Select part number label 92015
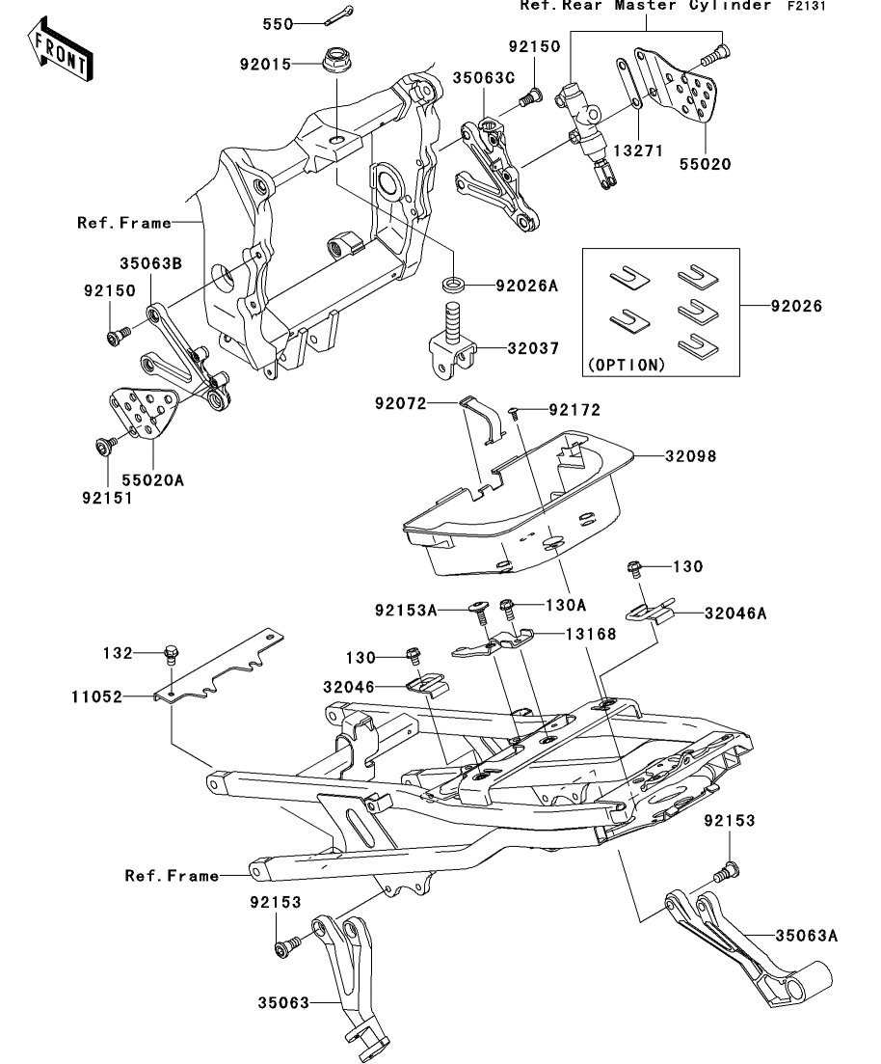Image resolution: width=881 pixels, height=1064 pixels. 265,65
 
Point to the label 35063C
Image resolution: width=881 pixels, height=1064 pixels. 484,78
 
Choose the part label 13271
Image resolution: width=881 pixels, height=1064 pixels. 638,150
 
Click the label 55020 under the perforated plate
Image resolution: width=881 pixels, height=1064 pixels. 706,164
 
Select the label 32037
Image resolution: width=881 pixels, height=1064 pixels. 534,349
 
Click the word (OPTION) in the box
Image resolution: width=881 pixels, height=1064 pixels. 627,365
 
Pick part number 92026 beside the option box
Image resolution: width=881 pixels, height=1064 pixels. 796,306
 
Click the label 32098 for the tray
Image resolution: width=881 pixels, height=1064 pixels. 690,456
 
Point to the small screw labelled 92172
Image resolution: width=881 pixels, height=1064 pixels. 516,412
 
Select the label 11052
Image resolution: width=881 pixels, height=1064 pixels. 97,696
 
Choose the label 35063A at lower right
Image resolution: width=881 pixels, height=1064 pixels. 807,937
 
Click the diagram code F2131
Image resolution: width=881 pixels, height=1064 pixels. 807,6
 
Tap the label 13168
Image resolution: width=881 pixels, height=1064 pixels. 592,635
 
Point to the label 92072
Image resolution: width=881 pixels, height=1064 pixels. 401,404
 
